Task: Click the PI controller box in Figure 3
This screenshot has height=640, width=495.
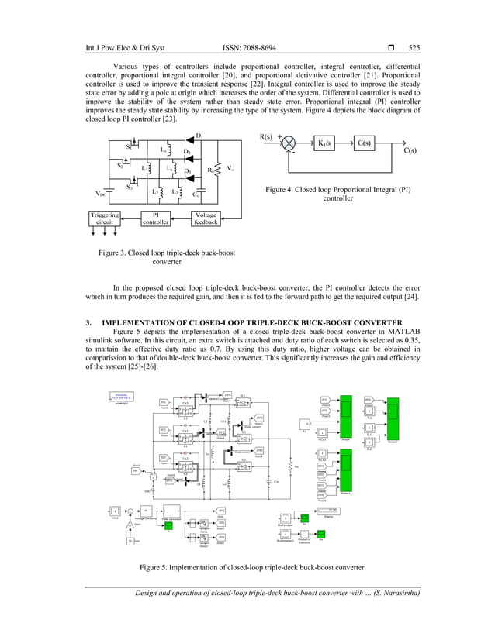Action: click(x=155, y=218)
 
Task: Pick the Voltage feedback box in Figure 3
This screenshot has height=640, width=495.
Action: click(x=207, y=218)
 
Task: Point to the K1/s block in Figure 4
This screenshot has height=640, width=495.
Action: click(x=331, y=144)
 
